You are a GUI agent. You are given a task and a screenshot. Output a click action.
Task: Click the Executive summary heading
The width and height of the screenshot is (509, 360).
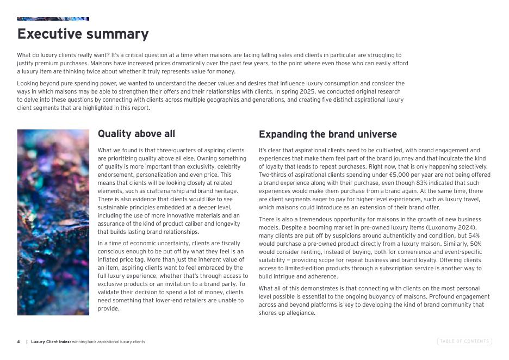coord(83,34)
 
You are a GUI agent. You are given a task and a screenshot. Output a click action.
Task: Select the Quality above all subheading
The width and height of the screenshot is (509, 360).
coord(136,134)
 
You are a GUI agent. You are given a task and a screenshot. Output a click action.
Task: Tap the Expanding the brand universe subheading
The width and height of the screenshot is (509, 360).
coord(327,134)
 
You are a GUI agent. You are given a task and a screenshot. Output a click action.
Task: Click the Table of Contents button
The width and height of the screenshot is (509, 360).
coord(464,342)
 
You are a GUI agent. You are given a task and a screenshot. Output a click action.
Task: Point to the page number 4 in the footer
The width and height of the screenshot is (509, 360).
coord(18,342)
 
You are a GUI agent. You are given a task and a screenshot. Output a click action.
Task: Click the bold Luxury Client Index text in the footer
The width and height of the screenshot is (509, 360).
coord(51,342)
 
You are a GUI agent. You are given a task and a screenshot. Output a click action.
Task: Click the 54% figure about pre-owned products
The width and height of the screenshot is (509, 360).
coord(474,236)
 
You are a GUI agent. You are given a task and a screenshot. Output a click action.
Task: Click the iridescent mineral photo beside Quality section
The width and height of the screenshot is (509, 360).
coord(53,222)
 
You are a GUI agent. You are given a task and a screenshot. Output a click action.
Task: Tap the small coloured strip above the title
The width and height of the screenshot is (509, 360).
coord(53,18)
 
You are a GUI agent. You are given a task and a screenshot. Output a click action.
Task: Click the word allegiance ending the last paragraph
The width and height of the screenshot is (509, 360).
coord(300,313)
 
